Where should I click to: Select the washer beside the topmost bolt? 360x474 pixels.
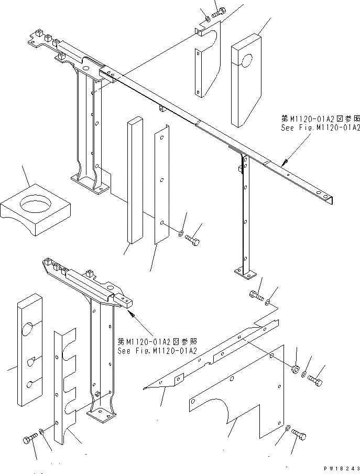(x=208, y=19)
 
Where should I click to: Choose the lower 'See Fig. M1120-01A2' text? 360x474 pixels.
(x=157, y=350)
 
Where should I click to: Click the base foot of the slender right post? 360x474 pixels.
(x=244, y=273)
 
